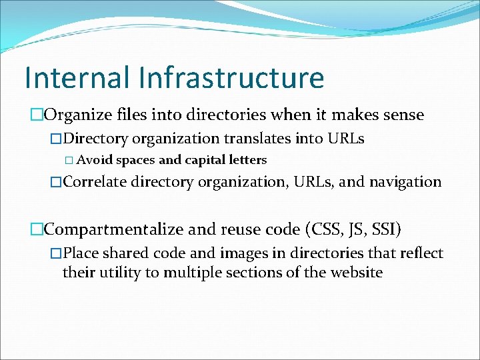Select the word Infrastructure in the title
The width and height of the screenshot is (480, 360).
(231, 77)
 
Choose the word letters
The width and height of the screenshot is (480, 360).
(249, 160)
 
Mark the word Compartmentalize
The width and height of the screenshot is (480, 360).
(113, 229)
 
